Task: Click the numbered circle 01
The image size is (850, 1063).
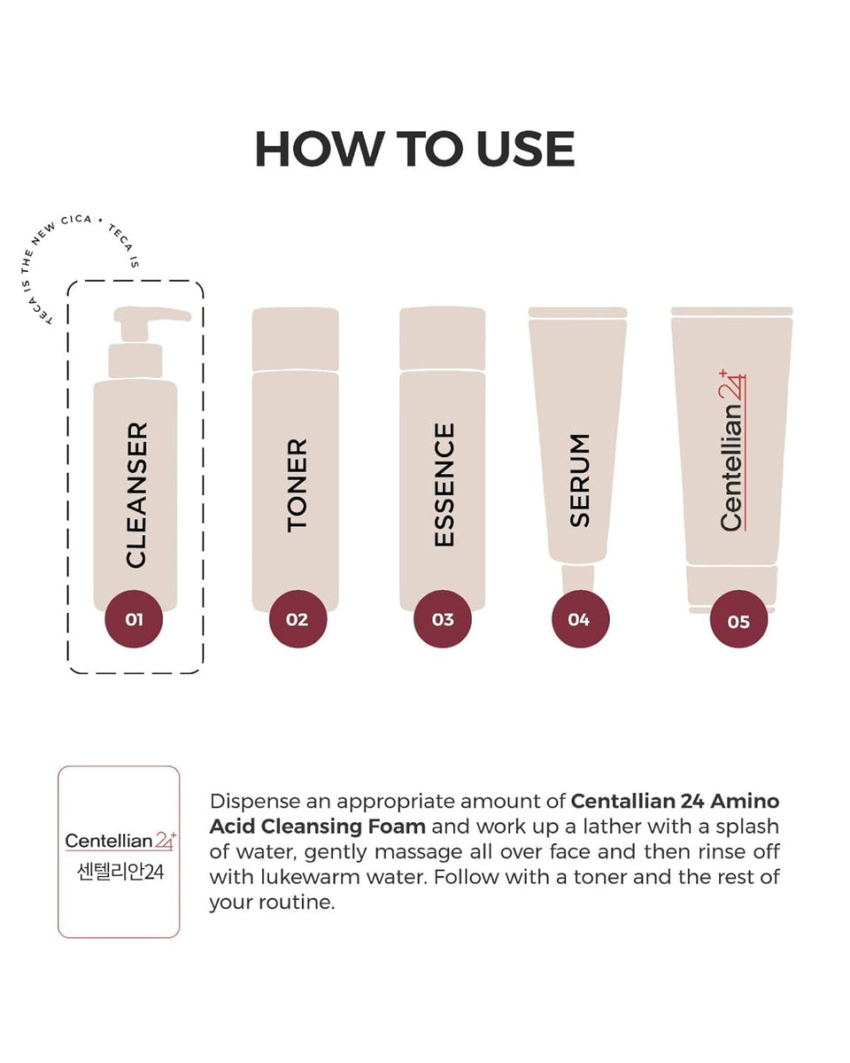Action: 134,618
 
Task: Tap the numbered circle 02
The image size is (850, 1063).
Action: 297,618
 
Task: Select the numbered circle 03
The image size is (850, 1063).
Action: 443,618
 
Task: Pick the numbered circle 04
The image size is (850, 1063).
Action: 580,618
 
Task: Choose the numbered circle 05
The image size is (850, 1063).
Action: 738,619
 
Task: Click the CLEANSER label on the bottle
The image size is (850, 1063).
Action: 137,495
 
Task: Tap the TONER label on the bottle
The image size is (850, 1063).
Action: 297,485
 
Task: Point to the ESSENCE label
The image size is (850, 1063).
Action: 444,485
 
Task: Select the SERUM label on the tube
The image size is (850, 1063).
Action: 579,480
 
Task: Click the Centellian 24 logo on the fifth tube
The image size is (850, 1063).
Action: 732,450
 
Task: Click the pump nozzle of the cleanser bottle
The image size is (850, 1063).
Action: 152,314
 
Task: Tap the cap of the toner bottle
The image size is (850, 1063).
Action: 296,339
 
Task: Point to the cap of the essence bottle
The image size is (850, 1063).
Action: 442,338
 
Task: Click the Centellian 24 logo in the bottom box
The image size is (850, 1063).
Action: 120,841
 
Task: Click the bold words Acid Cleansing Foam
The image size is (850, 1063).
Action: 318,826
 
